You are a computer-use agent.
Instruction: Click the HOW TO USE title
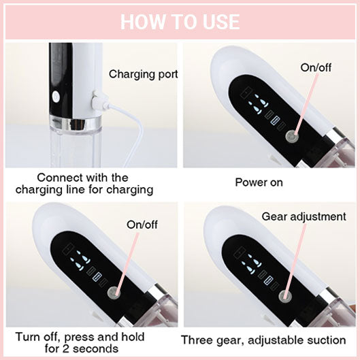point(180,21)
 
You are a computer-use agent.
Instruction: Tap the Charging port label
point(144,73)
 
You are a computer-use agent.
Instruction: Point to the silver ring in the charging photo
point(73,124)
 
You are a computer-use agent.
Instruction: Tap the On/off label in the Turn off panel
point(141,224)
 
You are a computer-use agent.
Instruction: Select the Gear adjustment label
point(304,216)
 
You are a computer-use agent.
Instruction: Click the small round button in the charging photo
point(55,97)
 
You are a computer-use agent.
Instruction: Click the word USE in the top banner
point(218,21)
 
